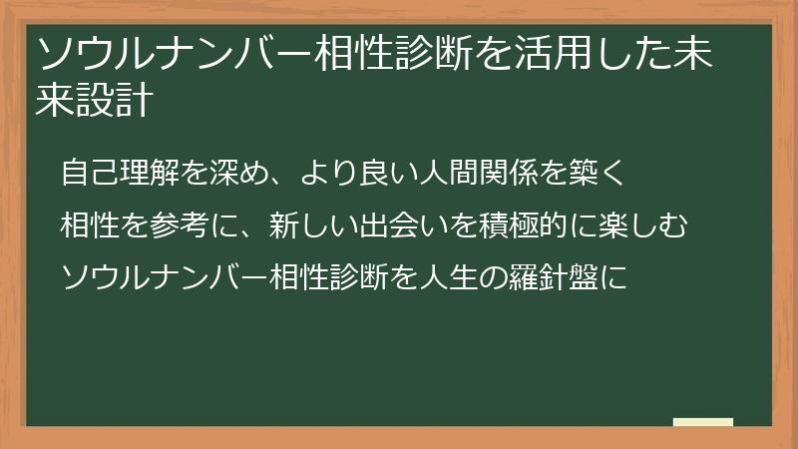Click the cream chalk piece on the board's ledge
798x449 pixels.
coord(703,422)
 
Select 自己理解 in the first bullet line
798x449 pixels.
coord(120,172)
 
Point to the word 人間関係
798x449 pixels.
coord(479,172)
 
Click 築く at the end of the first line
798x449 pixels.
coord(598,172)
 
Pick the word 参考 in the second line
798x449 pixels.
coord(181,225)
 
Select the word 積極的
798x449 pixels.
coord(523,225)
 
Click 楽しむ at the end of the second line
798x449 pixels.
coord(642,225)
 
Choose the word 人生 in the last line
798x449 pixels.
coord(449,277)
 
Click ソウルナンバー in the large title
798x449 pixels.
coord(174,54)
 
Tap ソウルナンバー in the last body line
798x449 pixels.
coord(165,277)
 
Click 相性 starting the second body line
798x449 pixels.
coord(90,225)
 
